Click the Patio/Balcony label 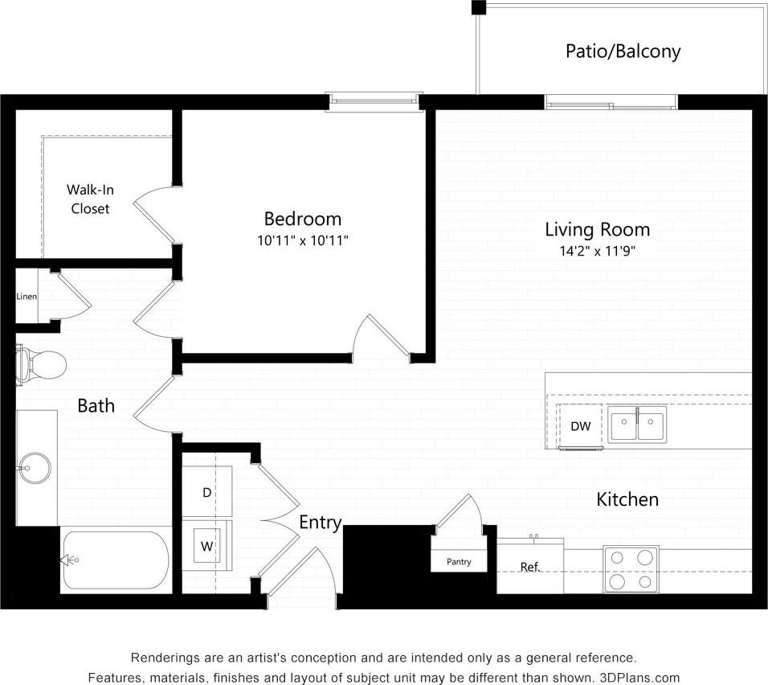tap(623, 51)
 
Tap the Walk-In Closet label tap(88, 199)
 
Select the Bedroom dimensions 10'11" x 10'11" tap(303, 240)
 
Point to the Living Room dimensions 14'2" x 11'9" tap(597, 251)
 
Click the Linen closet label tap(27, 297)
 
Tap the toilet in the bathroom tap(42, 364)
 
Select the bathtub tap(116, 560)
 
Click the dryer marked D tap(206, 492)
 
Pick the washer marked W tap(206, 547)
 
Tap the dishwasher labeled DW tap(580, 426)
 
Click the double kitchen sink tap(636, 425)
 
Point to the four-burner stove tap(631, 568)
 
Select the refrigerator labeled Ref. tap(529, 567)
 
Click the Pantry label tap(459, 561)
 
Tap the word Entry tap(321, 523)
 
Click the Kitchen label tap(627, 499)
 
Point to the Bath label tap(96, 406)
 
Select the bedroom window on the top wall tap(374, 100)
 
